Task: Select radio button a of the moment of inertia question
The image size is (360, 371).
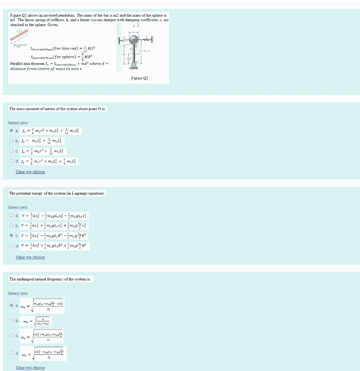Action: (11, 131)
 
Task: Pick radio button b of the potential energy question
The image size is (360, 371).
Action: (11, 226)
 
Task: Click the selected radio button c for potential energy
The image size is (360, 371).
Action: (11, 236)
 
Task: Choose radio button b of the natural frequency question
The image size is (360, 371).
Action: (11, 320)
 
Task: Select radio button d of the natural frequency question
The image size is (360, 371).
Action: (11, 353)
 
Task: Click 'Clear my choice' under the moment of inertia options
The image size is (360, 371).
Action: (30, 172)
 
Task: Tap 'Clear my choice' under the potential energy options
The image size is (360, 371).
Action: (30, 257)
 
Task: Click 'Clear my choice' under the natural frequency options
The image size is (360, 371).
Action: (30, 368)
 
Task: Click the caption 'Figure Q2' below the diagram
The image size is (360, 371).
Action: (140, 78)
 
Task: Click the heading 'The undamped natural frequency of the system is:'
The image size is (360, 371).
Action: (51, 279)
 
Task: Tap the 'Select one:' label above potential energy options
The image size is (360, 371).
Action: (18, 207)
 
